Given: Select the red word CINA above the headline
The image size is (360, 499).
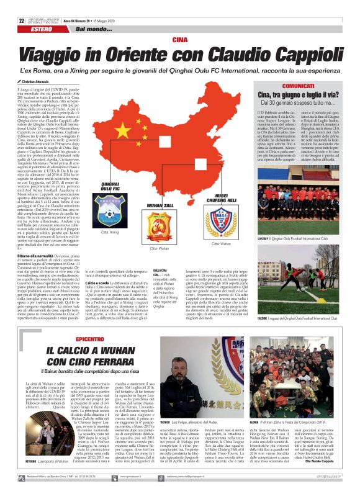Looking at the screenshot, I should (x=180, y=40).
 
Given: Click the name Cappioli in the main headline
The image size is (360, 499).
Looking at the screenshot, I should (x=299, y=54).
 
